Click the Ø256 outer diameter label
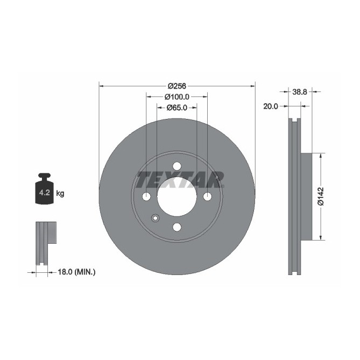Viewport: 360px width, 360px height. (177, 86)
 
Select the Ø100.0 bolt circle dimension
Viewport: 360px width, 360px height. (177, 97)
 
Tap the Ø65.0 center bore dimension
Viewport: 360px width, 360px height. (177, 108)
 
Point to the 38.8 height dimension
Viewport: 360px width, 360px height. (300, 92)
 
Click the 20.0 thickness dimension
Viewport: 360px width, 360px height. (270, 107)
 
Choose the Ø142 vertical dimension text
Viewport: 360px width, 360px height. (320, 197)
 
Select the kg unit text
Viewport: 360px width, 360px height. (60, 193)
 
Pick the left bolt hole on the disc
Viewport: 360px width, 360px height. (146, 197)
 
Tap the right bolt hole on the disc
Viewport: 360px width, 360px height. (207, 197)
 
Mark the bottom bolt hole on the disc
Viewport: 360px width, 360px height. (177, 227)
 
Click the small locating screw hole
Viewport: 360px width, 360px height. (156, 218)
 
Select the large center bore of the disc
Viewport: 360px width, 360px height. (177, 197)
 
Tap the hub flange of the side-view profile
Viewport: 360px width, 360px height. (306, 197)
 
